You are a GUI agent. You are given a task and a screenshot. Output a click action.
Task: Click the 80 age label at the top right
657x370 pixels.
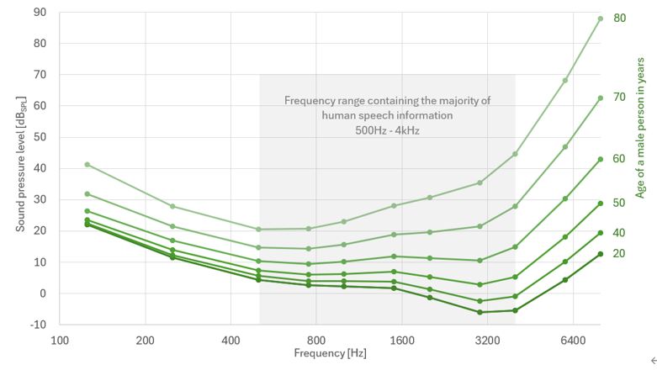tap(619, 18)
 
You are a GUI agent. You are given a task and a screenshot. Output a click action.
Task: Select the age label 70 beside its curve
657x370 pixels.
tap(619, 98)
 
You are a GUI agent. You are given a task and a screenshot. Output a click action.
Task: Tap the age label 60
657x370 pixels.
tap(619, 159)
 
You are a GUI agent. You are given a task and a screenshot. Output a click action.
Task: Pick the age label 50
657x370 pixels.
tap(619, 203)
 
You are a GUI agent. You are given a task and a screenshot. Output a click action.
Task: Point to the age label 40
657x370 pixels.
tap(619, 232)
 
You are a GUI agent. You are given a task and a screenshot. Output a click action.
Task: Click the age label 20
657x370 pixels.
tap(619, 253)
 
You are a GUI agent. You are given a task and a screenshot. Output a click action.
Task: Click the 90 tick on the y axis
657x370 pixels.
tap(40, 13)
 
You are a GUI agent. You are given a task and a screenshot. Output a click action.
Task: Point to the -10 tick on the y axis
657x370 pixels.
tap(38, 325)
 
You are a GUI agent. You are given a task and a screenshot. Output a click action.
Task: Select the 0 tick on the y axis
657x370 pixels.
tap(43, 293)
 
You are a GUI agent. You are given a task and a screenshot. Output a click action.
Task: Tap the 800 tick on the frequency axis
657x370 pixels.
tap(316, 341)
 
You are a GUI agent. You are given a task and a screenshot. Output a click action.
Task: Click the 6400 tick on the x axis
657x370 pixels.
tap(573, 341)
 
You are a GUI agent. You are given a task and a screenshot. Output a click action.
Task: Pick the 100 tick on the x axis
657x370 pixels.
tap(60, 341)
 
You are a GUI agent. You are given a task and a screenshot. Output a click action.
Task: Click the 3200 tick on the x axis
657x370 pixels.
tap(487, 341)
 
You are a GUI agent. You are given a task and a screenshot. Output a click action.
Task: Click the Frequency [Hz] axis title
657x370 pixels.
tap(330, 354)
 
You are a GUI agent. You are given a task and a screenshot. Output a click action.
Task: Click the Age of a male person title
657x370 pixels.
tap(641, 127)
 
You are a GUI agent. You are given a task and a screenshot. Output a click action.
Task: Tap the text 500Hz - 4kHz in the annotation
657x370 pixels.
tap(387, 130)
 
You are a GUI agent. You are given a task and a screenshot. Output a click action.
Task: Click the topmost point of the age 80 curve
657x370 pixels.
tap(600, 18)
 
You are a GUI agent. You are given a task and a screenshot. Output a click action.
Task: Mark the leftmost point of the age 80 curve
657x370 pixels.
tap(87, 164)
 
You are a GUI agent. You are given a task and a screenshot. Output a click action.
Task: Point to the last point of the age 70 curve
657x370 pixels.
tap(600, 98)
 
